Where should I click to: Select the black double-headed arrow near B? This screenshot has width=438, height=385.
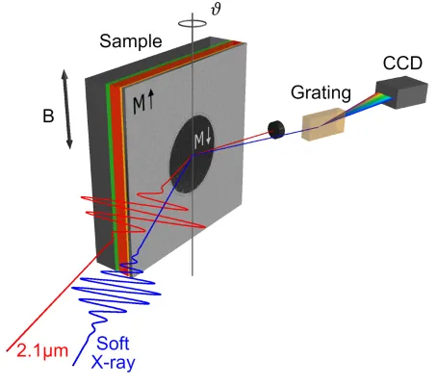point(67,108)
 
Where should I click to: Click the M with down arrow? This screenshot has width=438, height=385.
point(204,141)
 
